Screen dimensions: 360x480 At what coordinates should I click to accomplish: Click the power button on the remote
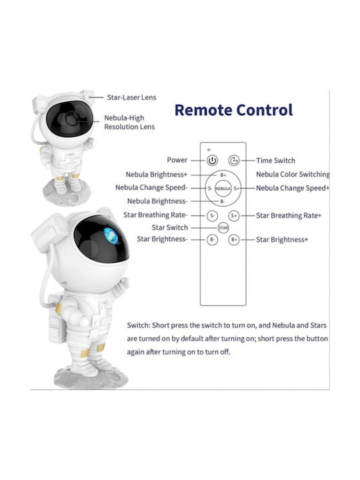(212, 160)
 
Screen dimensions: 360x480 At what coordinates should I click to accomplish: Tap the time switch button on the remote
(234, 160)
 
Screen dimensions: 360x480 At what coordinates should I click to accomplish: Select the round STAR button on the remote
(223, 228)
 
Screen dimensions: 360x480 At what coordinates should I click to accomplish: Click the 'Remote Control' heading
(233, 110)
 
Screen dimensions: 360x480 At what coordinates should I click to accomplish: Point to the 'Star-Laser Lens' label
(131, 97)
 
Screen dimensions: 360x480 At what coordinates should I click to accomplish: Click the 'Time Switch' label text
(276, 161)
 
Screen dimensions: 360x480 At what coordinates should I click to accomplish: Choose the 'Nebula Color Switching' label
(293, 174)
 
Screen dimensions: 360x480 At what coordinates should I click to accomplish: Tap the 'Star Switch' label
(170, 227)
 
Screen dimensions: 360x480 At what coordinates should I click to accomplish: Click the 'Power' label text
(177, 160)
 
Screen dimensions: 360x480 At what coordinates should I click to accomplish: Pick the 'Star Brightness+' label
(282, 239)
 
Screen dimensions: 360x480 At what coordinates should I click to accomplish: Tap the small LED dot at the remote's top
(209, 150)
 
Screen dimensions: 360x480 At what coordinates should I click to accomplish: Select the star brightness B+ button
(234, 239)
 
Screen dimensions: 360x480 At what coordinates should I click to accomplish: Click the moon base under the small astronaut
(67, 193)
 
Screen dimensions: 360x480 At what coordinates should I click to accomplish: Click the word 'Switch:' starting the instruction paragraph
(139, 325)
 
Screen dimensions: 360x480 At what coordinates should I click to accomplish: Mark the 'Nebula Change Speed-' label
(151, 187)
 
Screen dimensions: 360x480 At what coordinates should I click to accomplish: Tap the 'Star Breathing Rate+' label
(289, 215)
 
